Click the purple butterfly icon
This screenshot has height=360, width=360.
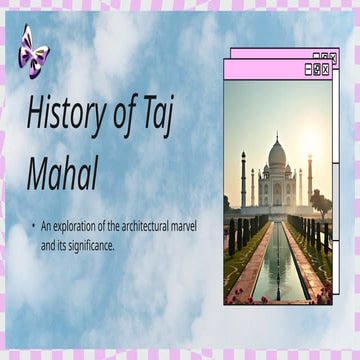pos(32,47)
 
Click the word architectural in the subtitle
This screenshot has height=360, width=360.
pos(142,227)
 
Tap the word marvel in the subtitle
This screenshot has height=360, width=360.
pos(184,227)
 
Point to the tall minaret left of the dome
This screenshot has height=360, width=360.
pos(243,178)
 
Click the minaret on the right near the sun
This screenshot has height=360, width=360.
pos(310,178)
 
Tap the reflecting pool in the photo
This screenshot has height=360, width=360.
pos(278,265)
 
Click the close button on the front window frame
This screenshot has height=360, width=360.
pos(326,70)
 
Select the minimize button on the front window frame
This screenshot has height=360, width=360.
pos(307,70)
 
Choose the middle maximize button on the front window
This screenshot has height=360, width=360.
pos(317,70)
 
